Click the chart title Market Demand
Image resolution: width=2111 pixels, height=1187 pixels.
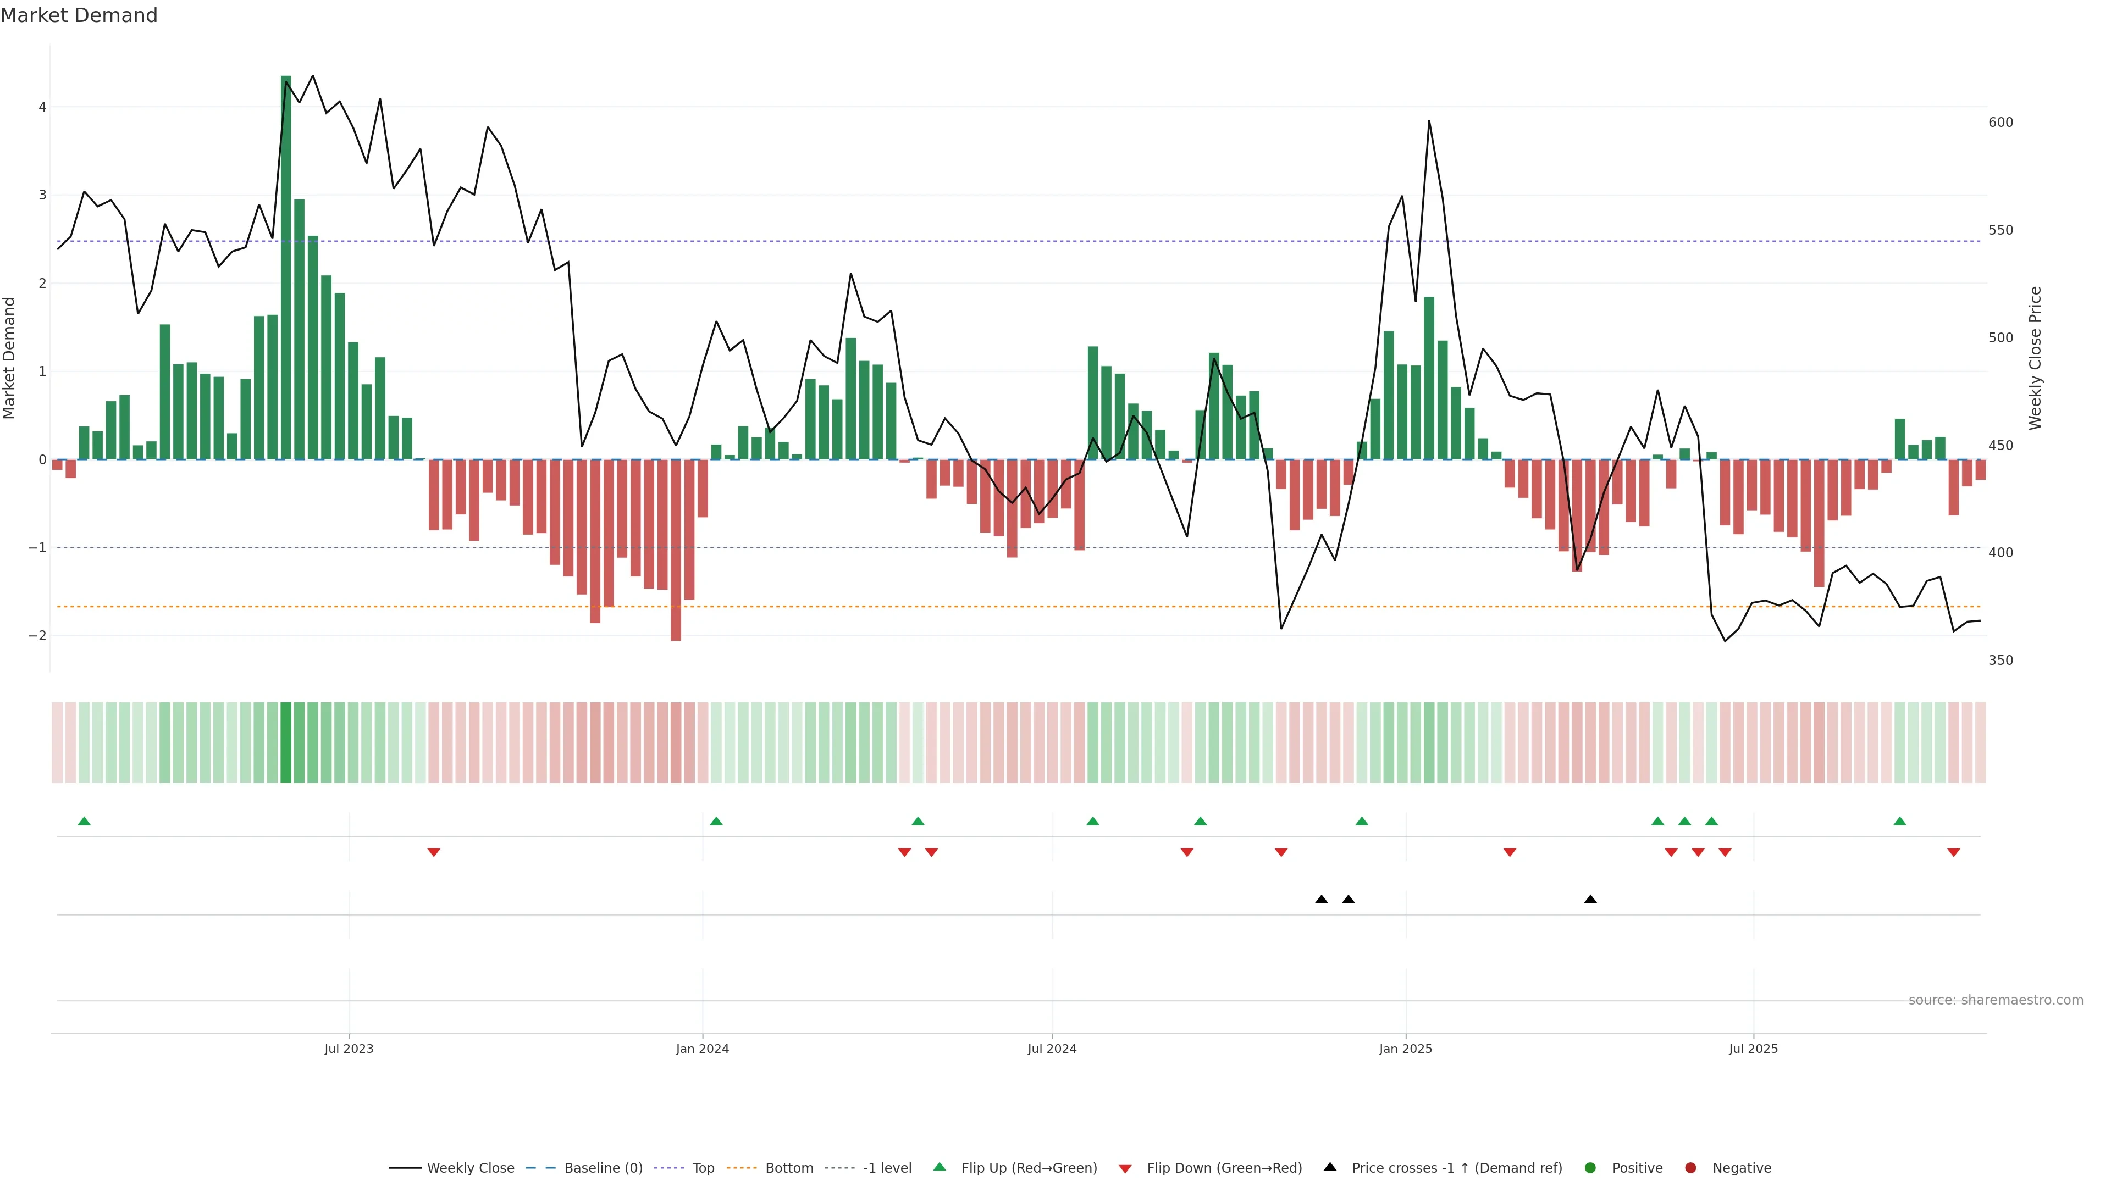click(x=79, y=15)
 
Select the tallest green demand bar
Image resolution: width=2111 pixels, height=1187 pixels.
click(x=286, y=267)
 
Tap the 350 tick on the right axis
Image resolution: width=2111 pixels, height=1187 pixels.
click(x=2001, y=660)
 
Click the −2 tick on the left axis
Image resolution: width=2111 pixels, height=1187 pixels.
click(x=38, y=636)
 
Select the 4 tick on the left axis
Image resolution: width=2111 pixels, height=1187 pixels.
click(x=42, y=107)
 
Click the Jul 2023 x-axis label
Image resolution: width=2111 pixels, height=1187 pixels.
click(x=349, y=1049)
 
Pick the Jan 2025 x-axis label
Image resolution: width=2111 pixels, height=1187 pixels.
click(x=1406, y=1049)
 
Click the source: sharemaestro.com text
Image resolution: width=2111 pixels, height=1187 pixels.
click(x=1996, y=1000)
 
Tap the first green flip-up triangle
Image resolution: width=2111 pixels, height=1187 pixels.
click(x=84, y=821)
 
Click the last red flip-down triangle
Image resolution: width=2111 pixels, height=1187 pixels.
click(x=1954, y=853)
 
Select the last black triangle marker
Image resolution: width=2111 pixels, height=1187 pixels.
click(x=1590, y=900)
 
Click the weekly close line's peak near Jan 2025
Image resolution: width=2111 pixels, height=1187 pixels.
click(x=1429, y=121)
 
